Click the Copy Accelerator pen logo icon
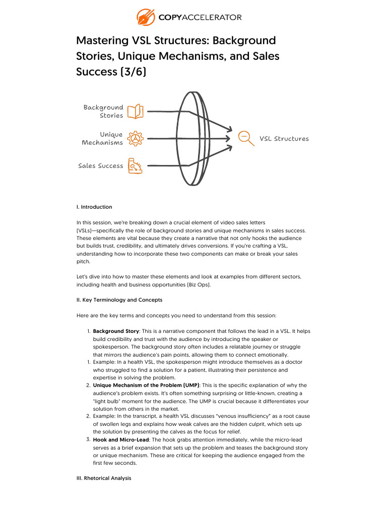click(x=146, y=17)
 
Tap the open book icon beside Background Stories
click(x=135, y=111)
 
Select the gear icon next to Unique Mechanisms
click(x=135, y=139)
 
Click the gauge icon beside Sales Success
click(x=135, y=166)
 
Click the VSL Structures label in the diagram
click(x=284, y=139)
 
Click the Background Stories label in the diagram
click(x=103, y=111)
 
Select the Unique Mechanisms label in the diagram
click(x=102, y=138)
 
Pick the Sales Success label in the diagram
click(x=100, y=166)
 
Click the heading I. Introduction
click(x=94, y=207)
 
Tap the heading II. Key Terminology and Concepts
click(x=119, y=300)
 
